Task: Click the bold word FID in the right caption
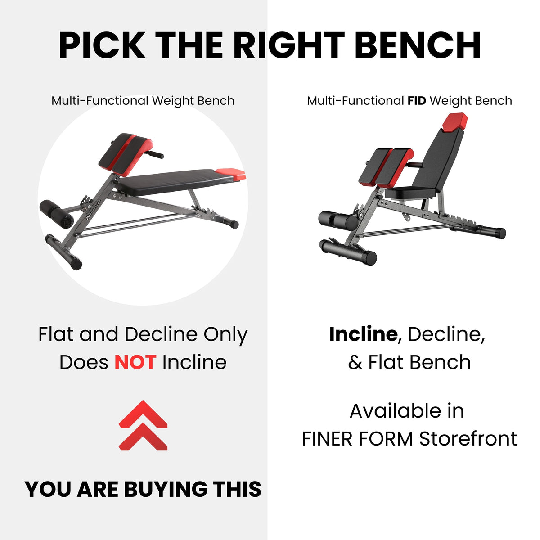pos(416,101)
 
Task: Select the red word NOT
pos(135,362)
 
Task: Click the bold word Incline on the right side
pos(363,334)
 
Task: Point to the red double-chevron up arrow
pos(143,425)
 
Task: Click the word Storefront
pos(468,439)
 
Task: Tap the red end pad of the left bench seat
pos(230,174)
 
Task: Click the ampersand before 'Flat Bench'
pos(355,362)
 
